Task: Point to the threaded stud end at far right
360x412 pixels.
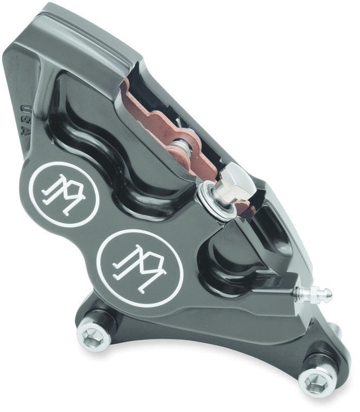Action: click(x=336, y=332)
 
